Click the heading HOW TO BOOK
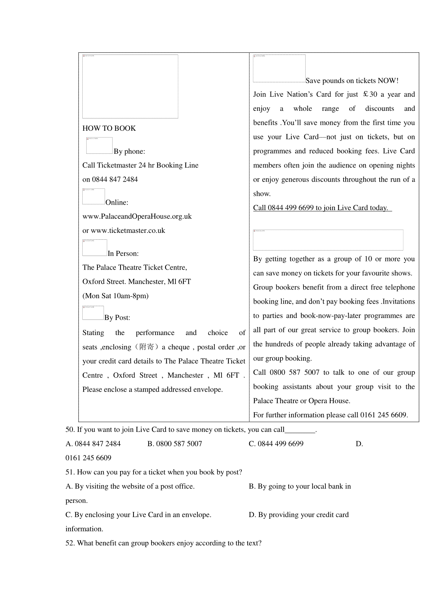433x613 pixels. tap(109, 129)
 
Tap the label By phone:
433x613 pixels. tap(129, 152)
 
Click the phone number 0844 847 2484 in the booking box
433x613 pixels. tap(115, 179)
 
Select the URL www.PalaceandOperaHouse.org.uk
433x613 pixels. tap(137, 217)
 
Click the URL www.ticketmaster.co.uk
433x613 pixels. tap(128, 231)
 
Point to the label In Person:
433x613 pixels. tap(123, 254)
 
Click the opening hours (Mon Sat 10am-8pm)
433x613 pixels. tap(115, 296)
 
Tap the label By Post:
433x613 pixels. tap(117, 318)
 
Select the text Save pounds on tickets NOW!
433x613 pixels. tap(352, 81)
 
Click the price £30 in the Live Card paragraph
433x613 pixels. tap(370, 95)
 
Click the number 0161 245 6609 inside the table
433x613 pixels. tap(384, 415)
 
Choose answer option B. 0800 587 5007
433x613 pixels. tap(175, 444)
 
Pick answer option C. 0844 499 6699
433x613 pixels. tap(276, 444)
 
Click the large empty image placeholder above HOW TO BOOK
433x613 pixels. tap(130, 87)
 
